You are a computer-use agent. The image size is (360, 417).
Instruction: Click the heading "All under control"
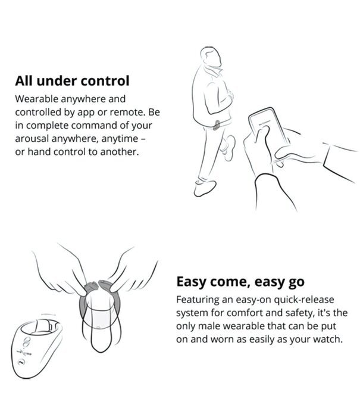[72, 80]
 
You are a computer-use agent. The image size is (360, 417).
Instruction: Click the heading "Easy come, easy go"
[240, 282]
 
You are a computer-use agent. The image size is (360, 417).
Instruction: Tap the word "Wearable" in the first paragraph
[36, 99]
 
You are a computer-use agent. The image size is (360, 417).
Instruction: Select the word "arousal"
[32, 139]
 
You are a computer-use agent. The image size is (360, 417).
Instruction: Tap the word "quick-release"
[303, 300]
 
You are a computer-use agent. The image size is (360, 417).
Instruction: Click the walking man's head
[211, 57]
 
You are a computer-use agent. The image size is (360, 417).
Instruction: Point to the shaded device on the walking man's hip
[217, 125]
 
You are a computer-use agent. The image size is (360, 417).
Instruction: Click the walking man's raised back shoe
[230, 148]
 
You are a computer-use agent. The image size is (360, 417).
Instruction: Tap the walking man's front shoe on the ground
[205, 188]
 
